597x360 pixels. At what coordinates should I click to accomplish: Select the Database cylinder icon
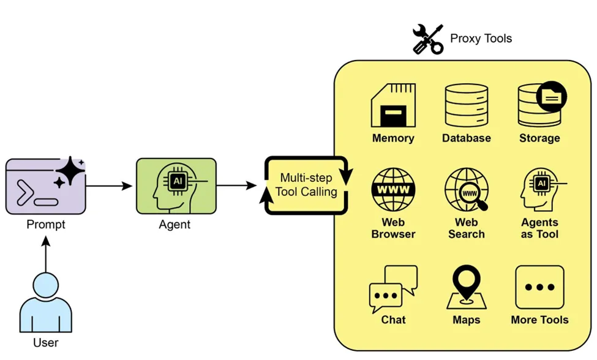(x=466, y=105)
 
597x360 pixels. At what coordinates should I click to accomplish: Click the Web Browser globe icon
(x=393, y=189)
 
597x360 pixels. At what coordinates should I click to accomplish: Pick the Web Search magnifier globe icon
(x=466, y=189)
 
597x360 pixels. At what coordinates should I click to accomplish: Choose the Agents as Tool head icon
(x=539, y=189)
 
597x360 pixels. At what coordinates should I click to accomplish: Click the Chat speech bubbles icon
(x=393, y=288)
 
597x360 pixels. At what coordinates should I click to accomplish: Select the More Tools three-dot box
(x=539, y=287)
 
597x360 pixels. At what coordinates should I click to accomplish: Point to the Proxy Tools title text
(x=481, y=39)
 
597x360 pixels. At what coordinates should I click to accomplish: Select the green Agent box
(x=176, y=186)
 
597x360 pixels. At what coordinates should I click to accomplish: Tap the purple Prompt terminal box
(x=45, y=186)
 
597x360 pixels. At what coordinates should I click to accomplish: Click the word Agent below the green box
(x=175, y=225)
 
